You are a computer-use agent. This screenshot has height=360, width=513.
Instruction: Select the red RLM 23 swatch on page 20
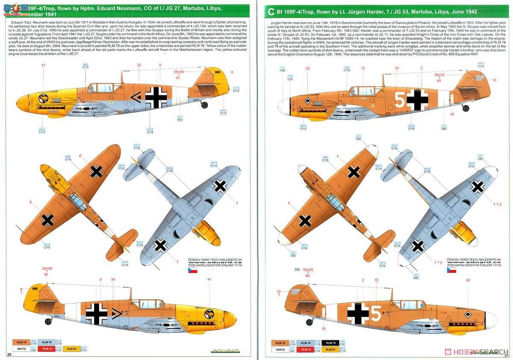(x=46, y=349)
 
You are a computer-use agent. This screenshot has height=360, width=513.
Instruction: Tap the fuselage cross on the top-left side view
(x=156, y=97)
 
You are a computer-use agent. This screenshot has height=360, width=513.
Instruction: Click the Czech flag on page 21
(x=451, y=270)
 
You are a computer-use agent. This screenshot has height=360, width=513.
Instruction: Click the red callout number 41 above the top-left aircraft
(x=43, y=65)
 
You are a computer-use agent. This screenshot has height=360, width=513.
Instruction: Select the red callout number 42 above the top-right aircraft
(x=307, y=68)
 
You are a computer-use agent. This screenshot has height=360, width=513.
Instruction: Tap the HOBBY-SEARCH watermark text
(x=477, y=352)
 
